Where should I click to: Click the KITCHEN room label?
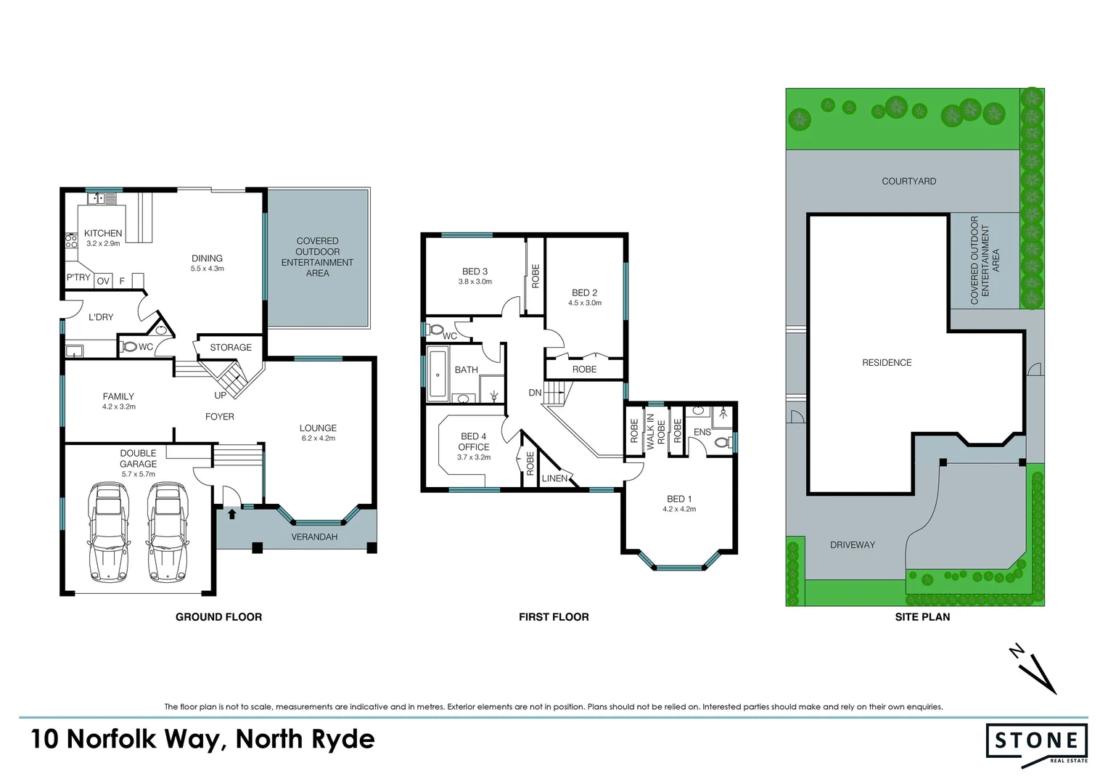pyautogui.click(x=103, y=233)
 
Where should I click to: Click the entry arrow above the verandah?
pyautogui.click(x=231, y=514)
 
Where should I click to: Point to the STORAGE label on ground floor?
pyautogui.click(x=231, y=348)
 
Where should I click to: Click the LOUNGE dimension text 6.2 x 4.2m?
pyautogui.click(x=318, y=438)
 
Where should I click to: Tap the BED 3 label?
pyautogui.click(x=475, y=271)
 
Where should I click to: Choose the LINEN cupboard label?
pyautogui.click(x=555, y=478)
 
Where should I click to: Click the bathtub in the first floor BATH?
pyautogui.click(x=437, y=375)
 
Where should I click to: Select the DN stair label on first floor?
pyautogui.click(x=535, y=393)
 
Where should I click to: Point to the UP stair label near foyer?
pyautogui.click(x=220, y=396)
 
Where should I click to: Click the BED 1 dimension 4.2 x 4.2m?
pyautogui.click(x=679, y=509)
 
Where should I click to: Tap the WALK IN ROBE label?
pyautogui.click(x=656, y=431)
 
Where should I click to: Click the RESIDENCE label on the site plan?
pyautogui.click(x=887, y=362)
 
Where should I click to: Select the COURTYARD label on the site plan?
pyautogui.click(x=908, y=181)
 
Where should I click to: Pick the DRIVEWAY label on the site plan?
pyautogui.click(x=853, y=544)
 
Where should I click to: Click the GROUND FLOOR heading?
pyautogui.click(x=218, y=617)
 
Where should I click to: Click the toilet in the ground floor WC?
pyautogui.click(x=131, y=347)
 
